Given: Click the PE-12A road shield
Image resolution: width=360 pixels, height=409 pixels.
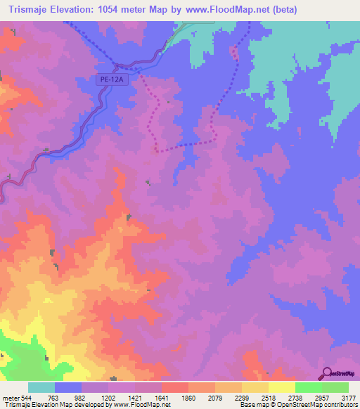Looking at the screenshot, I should click(x=111, y=80).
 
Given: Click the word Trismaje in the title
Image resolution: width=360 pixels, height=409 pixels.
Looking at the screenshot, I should click(x=30, y=10).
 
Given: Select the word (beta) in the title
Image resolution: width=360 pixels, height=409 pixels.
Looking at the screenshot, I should click(x=279, y=10).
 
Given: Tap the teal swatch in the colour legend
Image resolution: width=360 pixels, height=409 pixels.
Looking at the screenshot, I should click(x=41, y=387).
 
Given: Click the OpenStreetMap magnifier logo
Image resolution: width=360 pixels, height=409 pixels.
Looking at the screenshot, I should click(x=326, y=372).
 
